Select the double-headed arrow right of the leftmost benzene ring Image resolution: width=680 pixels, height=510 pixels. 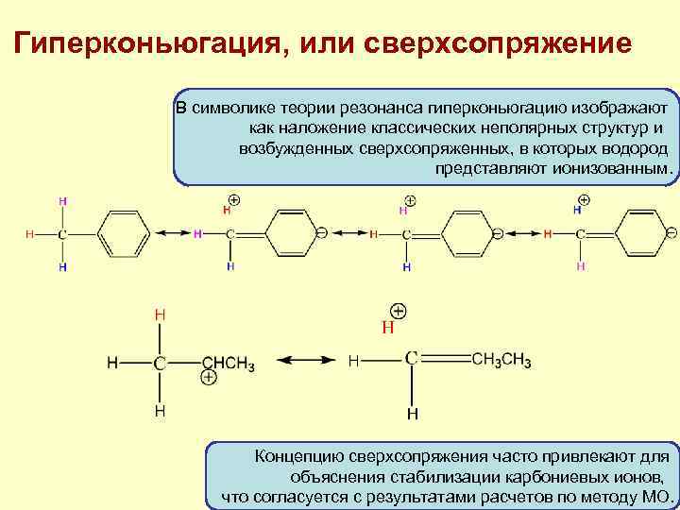(172, 233)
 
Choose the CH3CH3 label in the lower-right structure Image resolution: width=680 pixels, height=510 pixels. (501, 360)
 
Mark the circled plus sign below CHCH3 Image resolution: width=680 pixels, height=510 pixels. (210, 378)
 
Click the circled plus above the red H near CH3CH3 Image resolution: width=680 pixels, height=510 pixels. (399, 312)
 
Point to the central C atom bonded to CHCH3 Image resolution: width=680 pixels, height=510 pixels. (161, 362)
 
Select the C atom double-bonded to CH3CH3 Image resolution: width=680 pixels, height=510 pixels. (412, 358)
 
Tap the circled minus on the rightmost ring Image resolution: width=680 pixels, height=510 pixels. (671, 232)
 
